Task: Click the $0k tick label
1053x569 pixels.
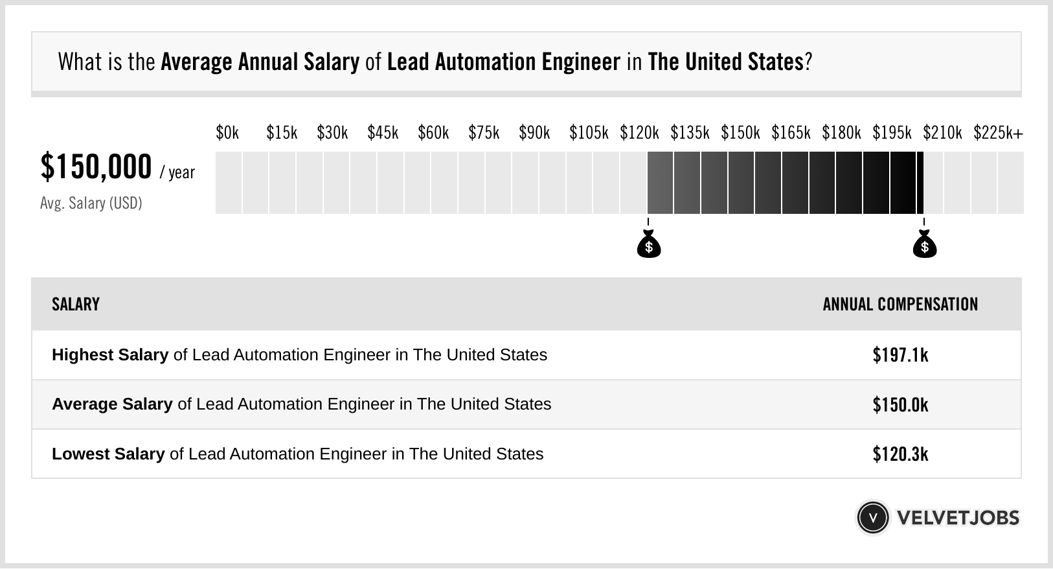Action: [x=227, y=133]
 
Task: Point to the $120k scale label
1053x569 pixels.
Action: [x=639, y=133]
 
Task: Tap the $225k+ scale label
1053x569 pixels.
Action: [x=998, y=133]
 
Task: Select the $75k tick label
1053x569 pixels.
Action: [x=484, y=133]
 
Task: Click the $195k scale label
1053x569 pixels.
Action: [x=892, y=133]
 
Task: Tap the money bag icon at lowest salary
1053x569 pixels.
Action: [x=649, y=245]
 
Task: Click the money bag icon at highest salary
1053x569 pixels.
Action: [x=925, y=245]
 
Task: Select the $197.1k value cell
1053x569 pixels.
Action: [x=900, y=355]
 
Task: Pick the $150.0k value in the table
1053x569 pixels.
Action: [x=900, y=405]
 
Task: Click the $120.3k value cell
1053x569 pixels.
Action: [x=900, y=454]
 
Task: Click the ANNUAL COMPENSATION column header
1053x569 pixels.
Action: [x=900, y=305]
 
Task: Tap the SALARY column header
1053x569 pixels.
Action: [x=76, y=305]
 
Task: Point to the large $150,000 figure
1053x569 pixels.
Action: [x=96, y=167]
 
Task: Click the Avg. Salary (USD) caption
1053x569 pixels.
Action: [x=91, y=203]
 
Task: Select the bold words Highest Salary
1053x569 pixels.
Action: [x=110, y=355]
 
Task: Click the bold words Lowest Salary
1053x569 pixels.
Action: [x=108, y=454]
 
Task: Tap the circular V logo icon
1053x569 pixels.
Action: [x=872, y=518]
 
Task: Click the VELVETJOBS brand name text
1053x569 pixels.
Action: [x=958, y=518]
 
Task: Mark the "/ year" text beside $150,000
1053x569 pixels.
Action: [x=177, y=172]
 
